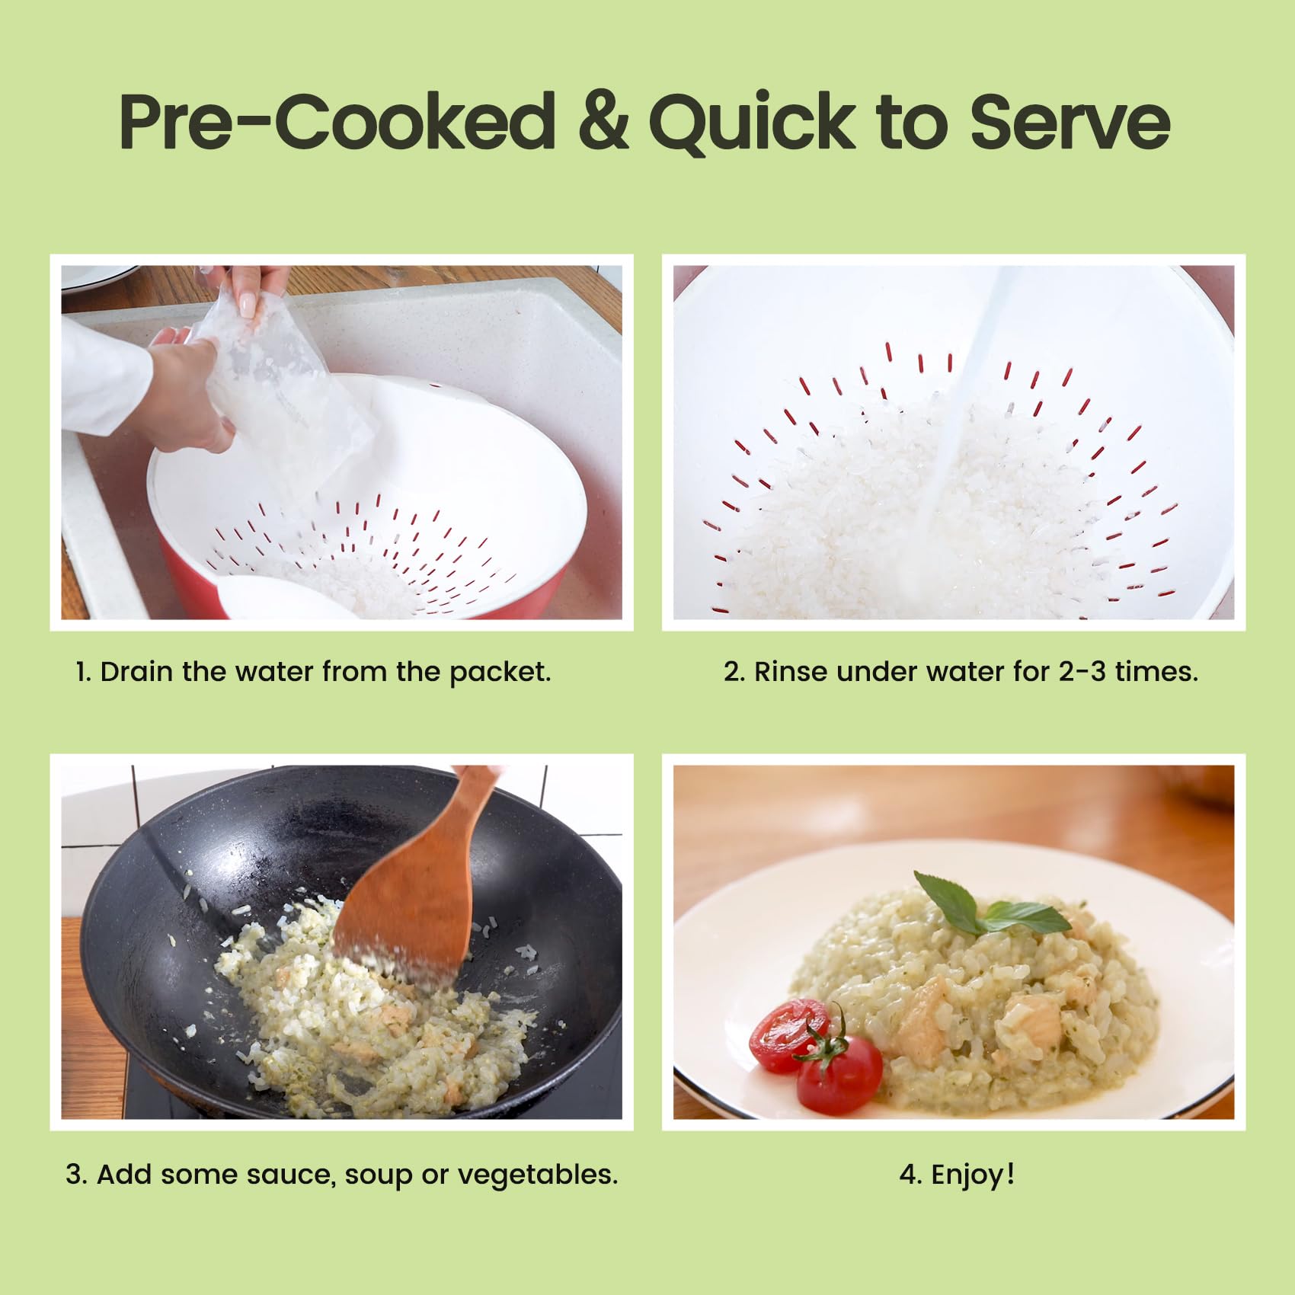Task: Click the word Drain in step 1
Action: tap(136, 672)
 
